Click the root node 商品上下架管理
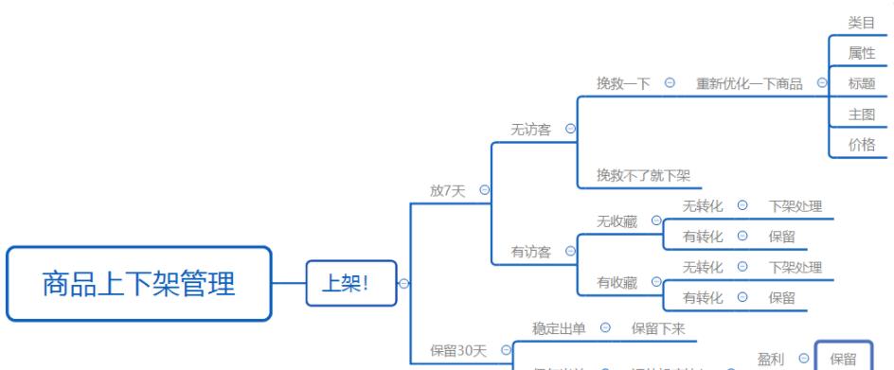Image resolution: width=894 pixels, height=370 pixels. tap(139, 284)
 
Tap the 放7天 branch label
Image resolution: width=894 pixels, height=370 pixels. tap(448, 189)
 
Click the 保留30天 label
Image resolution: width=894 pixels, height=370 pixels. tap(458, 351)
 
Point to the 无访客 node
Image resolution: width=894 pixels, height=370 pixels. tap(533, 129)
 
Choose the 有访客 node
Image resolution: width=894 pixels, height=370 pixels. tap(533, 251)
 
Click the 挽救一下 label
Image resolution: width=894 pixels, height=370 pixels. tap(623, 83)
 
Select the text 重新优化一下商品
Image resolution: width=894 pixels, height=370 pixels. tap(749, 83)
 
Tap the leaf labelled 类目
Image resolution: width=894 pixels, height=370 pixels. tap(861, 23)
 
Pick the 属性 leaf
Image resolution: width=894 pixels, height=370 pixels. tap(861, 53)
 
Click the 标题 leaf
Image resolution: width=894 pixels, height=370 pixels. tap(861, 83)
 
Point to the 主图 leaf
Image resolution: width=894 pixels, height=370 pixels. tap(861, 114)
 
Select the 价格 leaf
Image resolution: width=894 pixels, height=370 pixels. tap(861, 144)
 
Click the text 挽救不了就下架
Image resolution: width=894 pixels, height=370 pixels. tap(643, 175)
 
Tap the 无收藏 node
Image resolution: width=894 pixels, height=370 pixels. tap(617, 220)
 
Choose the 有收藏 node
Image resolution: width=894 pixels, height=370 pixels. tap(617, 282)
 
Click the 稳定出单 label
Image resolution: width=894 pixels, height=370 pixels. tap(559, 328)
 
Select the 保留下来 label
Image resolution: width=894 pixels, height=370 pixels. tap(657, 328)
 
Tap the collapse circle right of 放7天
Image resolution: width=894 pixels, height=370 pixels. tap(485, 190)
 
